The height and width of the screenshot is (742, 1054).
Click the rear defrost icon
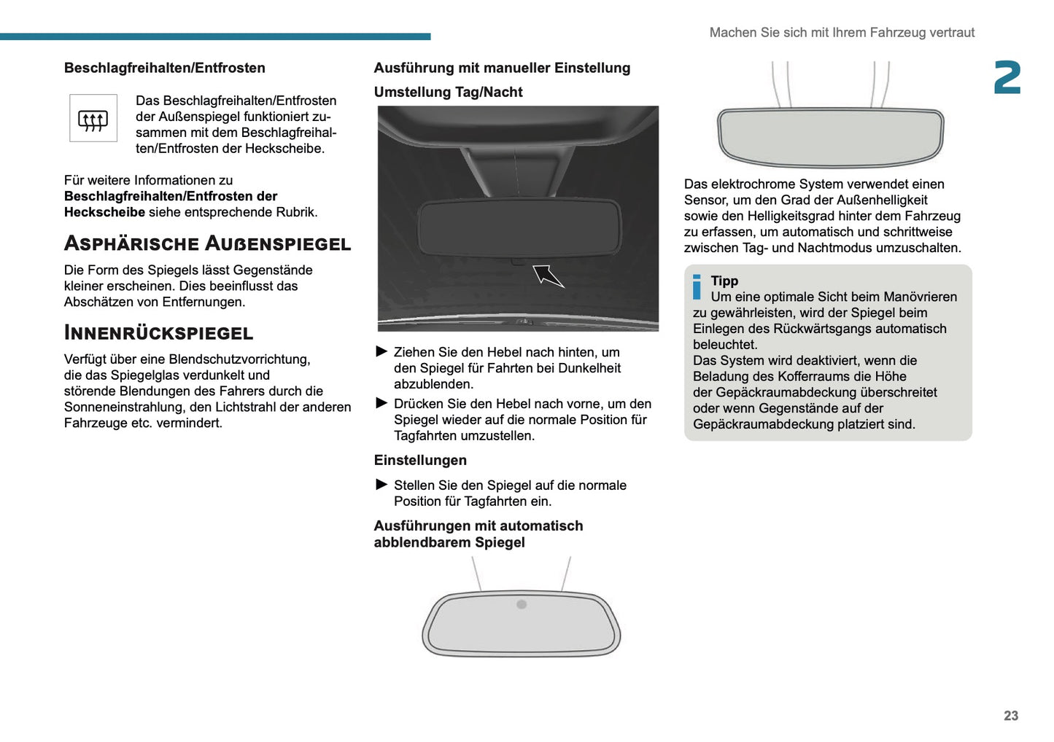click(93, 119)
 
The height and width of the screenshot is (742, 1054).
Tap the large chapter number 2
click(1007, 78)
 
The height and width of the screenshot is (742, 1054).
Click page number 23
click(1010, 716)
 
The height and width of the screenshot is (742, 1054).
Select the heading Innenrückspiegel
click(158, 333)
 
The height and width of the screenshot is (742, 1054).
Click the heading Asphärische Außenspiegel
click(207, 243)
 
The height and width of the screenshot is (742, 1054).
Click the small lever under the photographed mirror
click(517, 261)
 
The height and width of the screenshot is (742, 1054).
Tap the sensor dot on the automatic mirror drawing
click(522, 604)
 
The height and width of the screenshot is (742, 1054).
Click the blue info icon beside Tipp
click(697, 287)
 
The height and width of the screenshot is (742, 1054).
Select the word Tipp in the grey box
click(724, 281)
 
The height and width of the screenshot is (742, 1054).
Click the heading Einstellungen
click(420, 461)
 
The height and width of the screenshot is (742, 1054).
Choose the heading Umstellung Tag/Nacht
click(448, 93)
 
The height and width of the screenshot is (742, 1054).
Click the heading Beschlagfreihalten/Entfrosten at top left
click(164, 69)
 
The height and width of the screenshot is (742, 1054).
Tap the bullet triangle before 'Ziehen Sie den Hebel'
click(381, 352)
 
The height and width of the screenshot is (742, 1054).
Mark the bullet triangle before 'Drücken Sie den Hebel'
click(381, 404)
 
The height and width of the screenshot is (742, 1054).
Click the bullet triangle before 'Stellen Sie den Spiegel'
click(381, 485)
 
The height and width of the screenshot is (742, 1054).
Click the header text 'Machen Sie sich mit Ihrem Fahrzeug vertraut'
click(842, 33)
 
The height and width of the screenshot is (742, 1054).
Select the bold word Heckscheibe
click(104, 212)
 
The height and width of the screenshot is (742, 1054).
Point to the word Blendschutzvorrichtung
click(239, 359)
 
